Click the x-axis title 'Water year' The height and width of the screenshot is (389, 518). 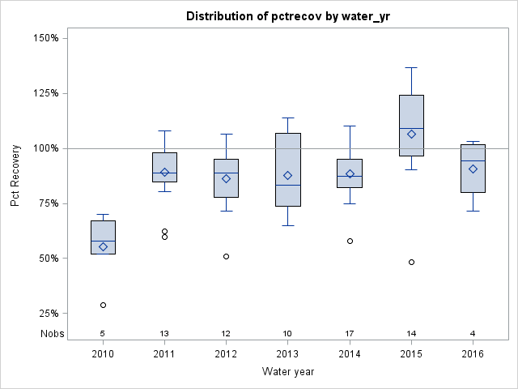tap(287, 371)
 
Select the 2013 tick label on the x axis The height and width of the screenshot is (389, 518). tap(288, 354)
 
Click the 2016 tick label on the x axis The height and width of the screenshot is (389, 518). tap(473, 354)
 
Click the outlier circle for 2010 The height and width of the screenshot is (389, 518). tap(103, 305)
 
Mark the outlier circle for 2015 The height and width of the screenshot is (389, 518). tap(411, 262)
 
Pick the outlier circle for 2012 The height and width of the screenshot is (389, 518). tap(226, 256)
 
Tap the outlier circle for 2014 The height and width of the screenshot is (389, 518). tap(350, 241)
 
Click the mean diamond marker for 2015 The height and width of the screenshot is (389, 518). tap(411, 134)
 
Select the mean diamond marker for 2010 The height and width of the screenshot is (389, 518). tap(103, 246)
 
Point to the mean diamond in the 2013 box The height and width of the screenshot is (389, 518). tap(288, 175)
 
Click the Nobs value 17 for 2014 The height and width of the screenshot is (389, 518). tap(350, 333)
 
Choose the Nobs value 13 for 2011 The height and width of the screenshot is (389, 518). tap(164, 333)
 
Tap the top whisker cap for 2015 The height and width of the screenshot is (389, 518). tap(411, 67)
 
